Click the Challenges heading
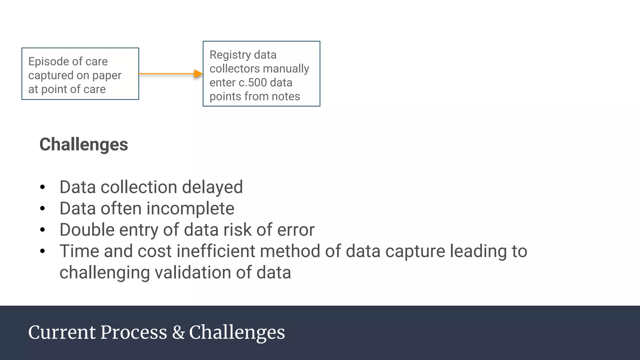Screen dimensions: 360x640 coord(84,144)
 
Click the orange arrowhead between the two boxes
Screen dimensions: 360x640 coord(198,74)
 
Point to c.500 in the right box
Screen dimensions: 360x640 coord(252,83)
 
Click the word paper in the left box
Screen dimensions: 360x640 coord(107,76)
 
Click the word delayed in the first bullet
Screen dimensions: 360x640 coord(212,187)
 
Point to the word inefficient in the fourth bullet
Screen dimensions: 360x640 coord(216,251)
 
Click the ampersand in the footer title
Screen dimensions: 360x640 coord(178,332)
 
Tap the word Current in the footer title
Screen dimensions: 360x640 coord(62,332)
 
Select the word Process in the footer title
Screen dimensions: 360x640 coord(134,332)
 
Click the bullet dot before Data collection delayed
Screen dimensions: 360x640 coord(43,187)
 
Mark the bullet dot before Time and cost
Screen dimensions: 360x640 coord(43,251)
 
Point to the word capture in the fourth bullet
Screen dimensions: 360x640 coord(415,251)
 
